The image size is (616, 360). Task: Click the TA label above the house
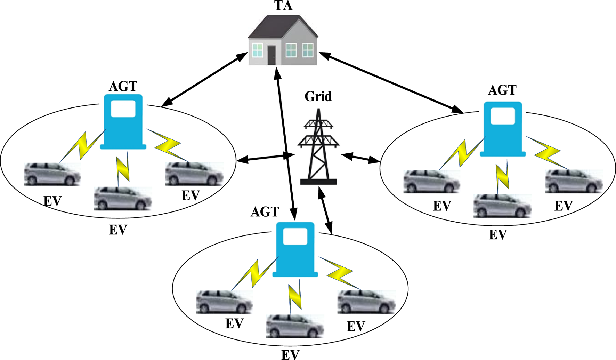(283, 6)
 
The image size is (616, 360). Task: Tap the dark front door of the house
(271, 55)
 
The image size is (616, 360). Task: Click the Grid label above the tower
(318, 96)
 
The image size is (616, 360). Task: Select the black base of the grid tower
(318, 182)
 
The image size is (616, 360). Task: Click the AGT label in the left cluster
(123, 86)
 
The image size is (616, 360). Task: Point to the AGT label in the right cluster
(502, 90)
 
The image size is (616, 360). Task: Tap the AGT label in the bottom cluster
(265, 212)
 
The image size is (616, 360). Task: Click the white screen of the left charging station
(123, 109)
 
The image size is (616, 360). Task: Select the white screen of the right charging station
(503, 116)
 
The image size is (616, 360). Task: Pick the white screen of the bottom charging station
(295, 237)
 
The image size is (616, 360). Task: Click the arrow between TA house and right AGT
(391, 82)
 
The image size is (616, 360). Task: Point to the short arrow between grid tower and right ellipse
(360, 158)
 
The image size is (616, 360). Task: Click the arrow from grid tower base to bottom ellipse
(325, 210)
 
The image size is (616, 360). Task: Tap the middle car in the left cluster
(123, 199)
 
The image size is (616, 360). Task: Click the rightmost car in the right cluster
(574, 181)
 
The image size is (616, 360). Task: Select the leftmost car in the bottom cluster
(224, 302)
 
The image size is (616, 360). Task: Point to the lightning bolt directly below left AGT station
(123, 169)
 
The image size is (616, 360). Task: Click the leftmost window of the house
(257, 50)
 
